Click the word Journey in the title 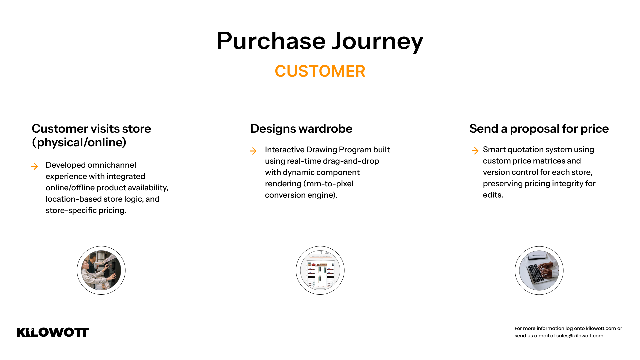tap(377, 42)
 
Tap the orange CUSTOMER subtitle tap(320, 71)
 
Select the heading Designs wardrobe tap(301, 129)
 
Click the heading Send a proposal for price tap(539, 129)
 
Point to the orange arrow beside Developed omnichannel tap(34, 166)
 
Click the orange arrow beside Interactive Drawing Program tap(253, 151)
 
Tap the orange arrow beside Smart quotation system tap(475, 151)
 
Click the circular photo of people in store tap(101, 270)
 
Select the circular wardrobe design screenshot tap(320, 270)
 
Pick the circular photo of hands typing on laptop tap(539, 270)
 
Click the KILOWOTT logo tap(53, 332)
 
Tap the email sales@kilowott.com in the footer tap(580, 336)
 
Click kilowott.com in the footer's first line tap(601, 328)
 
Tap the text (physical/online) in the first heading tap(79, 142)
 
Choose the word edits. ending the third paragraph tap(493, 195)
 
